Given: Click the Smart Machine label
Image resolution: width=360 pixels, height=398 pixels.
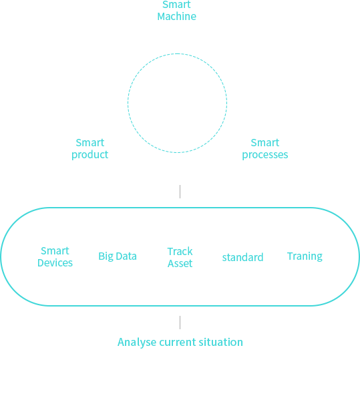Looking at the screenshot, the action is click(x=177, y=11).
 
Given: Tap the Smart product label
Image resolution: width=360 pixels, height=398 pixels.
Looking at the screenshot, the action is click(x=90, y=149).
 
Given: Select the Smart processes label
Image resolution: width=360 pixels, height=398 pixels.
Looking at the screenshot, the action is click(x=265, y=149).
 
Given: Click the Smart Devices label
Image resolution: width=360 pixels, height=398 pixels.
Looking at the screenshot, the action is click(x=55, y=257).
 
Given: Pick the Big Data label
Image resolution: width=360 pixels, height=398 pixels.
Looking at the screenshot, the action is click(x=118, y=256).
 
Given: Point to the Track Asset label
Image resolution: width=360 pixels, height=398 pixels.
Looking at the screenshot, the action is click(x=180, y=257).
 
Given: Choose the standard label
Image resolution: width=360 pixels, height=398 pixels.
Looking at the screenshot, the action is click(x=242, y=257).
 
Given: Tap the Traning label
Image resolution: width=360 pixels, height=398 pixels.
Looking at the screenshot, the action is click(x=305, y=256).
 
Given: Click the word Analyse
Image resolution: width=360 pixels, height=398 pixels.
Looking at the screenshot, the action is click(x=137, y=343).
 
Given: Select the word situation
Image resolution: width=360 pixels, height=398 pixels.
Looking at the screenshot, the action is click(x=220, y=342).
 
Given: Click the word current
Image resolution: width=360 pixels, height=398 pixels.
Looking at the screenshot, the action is click(x=178, y=343).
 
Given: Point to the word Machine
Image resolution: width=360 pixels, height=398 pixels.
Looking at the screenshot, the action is click(x=177, y=17).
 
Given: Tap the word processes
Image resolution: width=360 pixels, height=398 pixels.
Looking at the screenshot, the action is click(x=265, y=155).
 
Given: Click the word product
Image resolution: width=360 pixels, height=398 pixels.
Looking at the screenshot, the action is click(x=90, y=155).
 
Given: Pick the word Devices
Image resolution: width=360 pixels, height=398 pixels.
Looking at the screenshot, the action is click(x=55, y=262).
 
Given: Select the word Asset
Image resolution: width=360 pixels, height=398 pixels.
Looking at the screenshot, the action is click(x=180, y=264).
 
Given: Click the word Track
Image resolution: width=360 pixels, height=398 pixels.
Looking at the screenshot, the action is click(x=180, y=252).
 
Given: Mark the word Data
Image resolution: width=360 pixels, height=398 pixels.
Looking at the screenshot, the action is click(x=126, y=256).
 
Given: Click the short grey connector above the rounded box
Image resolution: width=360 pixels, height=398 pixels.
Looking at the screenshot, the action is click(x=180, y=192).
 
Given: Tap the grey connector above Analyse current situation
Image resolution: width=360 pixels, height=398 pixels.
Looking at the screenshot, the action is click(x=180, y=323).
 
